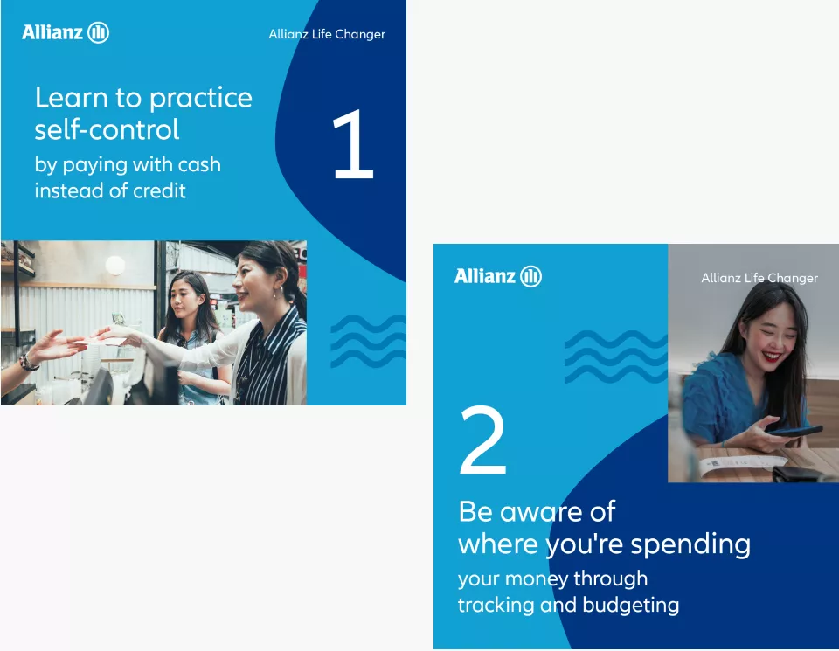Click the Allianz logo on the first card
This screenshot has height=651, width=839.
pyautogui.click(x=66, y=32)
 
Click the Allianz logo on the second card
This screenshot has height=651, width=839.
pyautogui.click(x=497, y=276)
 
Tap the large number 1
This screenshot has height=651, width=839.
pyautogui.click(x=352, y=143)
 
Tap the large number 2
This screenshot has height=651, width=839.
pyautogui.click(x=483, y=440)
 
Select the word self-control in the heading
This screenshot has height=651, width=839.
pyautogui.click(x=107, y=129)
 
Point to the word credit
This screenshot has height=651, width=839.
pyautogui.click(x=159, y=190)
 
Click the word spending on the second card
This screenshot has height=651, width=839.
pyautogui.click(x=690, y=545)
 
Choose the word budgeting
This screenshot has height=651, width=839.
pyautogui.click(x=631, y=606)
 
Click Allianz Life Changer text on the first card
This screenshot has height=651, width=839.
pyautogui.click(x=327, y=34)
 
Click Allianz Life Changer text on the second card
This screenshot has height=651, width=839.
pyautogui.click(x=759, y=278)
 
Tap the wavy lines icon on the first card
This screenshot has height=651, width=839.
pyautogui.click(x=368, y=341)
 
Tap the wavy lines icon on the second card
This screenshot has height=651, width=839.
pyautogui.click(x=616, y=357)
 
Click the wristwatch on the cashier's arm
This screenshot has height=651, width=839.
pyautogui.click(x=28, y=364)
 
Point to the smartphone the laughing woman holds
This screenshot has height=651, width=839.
pyautogui.click(x=793, y=431)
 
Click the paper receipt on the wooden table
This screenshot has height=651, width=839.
pyautogui.click(x=741, y=464)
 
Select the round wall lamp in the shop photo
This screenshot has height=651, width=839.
pyautogui.click(x=115, y=266)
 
